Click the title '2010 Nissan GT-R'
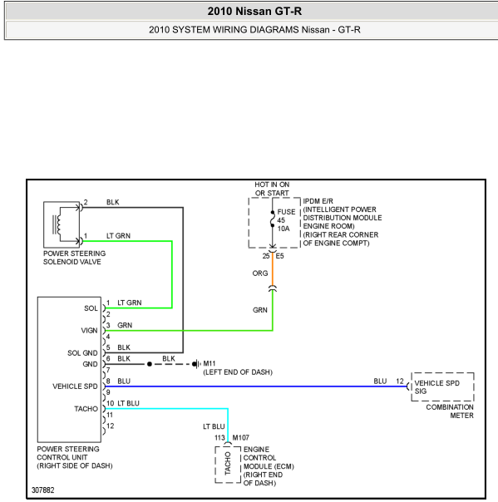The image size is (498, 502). point(254,11)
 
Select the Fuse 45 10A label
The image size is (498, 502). point(286,220)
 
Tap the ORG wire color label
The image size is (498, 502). point(259,273)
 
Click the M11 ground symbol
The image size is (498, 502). point(196,364)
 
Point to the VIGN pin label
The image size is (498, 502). point(89,331)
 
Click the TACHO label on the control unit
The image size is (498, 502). point(86,409)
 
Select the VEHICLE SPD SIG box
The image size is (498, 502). point(442,386)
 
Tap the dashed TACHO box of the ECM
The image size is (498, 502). point(228,465)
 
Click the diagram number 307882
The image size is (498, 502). point(43,490)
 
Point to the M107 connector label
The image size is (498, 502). point(241,438)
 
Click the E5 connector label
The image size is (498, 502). point(279,256)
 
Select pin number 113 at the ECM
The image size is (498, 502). point(219,438)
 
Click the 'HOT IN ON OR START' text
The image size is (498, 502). point(272,189)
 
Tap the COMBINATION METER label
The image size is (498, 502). point(450,411)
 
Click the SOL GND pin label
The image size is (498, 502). point(82,352)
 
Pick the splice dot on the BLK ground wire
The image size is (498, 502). point(150,364)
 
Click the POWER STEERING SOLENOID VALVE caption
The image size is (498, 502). point(74,258)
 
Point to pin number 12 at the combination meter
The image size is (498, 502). point(400,381)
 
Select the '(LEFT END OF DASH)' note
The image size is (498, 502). point(238,372)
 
